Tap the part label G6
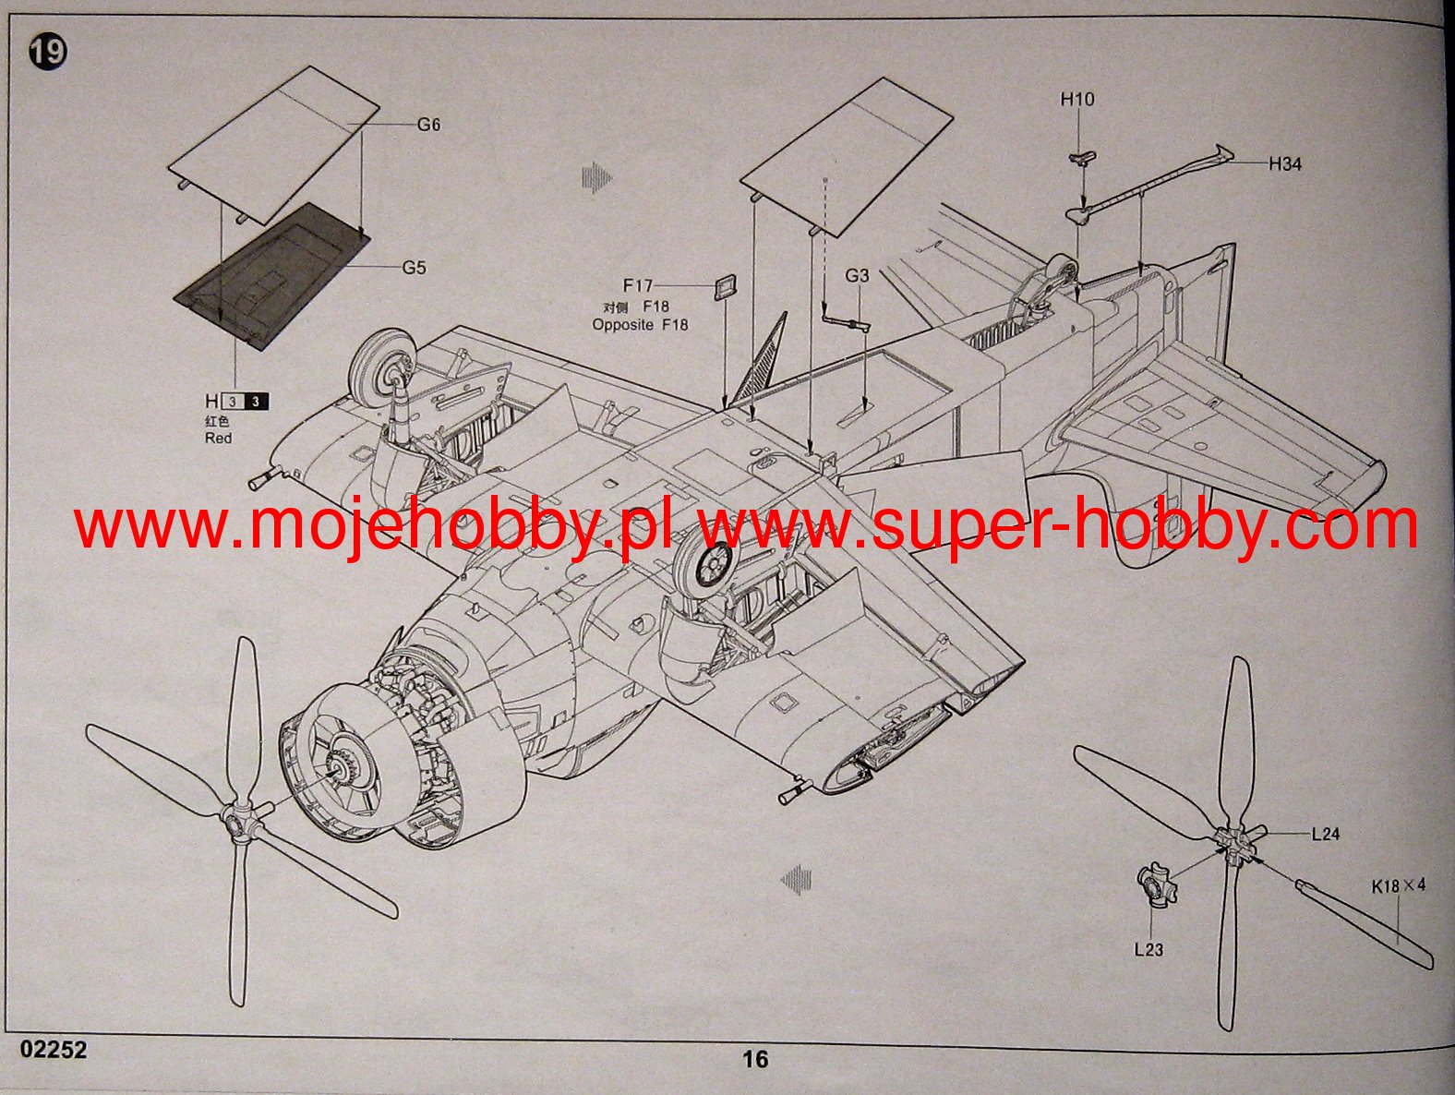pos(428,125)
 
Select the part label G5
pos(414,268)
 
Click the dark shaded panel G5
pos(271,273)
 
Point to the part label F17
pos(637,286)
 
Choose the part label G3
pos(857,275)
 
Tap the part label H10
pos(1076,100)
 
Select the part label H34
pos(1284,164)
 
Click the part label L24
pos(1325,834)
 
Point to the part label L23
pos(1148,949)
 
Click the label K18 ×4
pos(1398,886)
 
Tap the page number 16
pos(755,1060)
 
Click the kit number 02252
pos(54,1050)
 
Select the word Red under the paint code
pos(219,438)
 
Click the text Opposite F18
pos(640,325)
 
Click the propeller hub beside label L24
pos(1237,842)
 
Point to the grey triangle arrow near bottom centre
pos(796,879)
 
